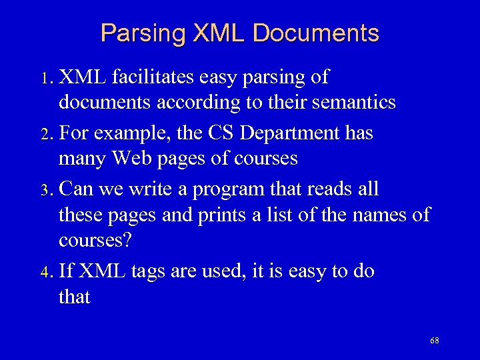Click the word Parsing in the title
click(x=139, y=33)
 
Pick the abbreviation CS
click(x=221, y=133)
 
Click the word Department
click(x=290, y=133)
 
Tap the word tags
click(x=153, y=271)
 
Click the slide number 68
click(x=435, y=341)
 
